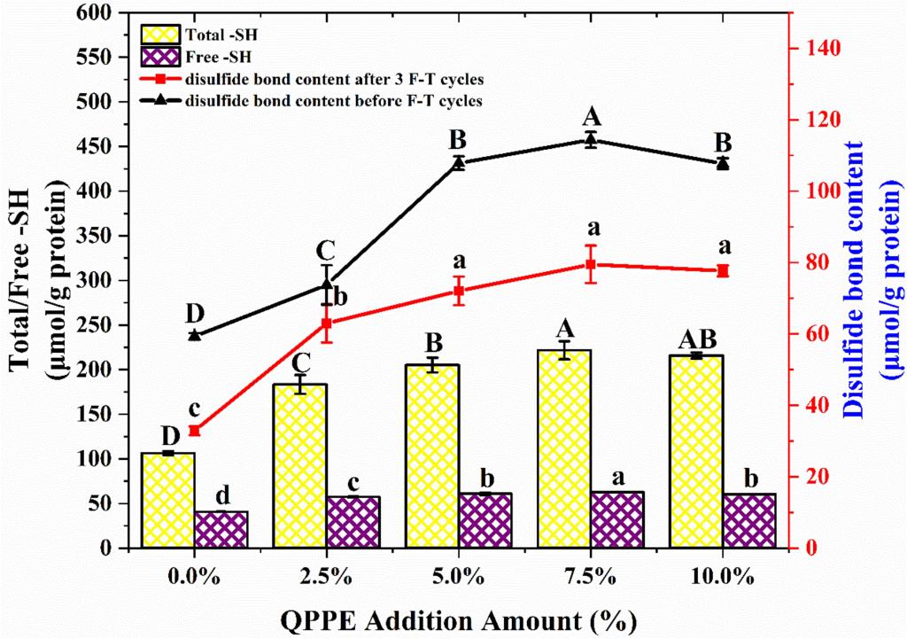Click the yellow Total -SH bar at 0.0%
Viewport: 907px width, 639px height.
tap(167, 500)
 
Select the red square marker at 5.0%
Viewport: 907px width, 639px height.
tap(459, 291)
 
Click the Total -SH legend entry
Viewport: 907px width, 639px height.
tap(212, 35)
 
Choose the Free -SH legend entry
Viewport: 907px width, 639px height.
tap(209, 57)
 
